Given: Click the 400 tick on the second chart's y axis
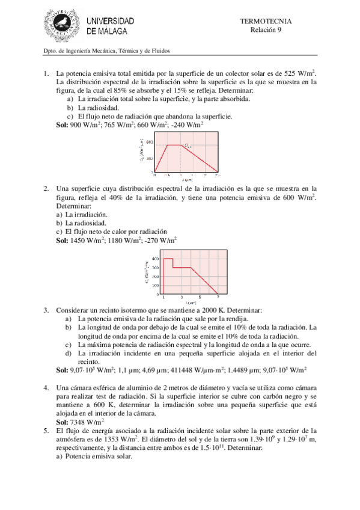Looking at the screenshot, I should [x=154, y=259].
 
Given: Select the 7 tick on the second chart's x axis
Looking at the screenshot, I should [x=218, y=298].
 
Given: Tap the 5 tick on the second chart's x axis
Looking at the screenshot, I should [x=200, y=298].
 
